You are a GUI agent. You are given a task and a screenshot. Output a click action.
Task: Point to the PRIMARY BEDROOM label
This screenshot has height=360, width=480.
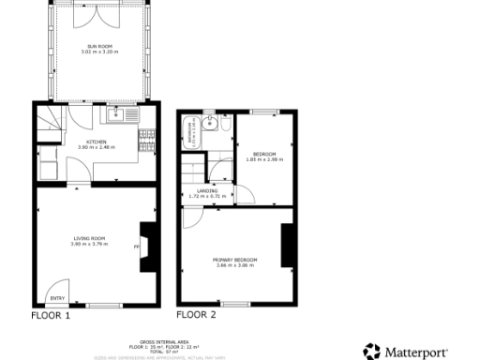234,259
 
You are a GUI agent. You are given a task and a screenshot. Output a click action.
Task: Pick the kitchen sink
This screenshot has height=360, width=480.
116,115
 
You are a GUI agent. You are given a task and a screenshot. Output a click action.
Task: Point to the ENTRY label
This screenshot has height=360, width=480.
57,298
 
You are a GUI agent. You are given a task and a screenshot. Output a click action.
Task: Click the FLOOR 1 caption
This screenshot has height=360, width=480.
51,316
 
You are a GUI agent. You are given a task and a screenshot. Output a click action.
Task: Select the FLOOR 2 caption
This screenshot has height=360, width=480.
196,315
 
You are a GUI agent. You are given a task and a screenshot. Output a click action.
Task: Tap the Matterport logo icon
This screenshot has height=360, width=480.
371,351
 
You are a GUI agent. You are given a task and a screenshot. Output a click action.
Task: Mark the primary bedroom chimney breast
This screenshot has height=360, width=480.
288,246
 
